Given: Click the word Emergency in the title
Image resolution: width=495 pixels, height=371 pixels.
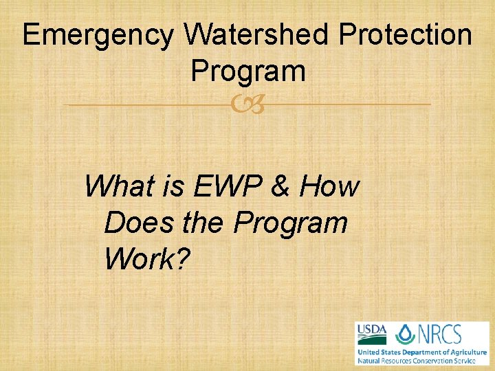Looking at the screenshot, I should pos(98,36).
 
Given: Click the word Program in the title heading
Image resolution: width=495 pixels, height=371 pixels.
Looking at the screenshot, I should pos(247,71).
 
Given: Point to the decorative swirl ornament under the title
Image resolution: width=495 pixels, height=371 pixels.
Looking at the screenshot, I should pos(247,105).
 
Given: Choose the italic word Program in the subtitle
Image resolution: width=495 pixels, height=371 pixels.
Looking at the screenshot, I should pos(290,223).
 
